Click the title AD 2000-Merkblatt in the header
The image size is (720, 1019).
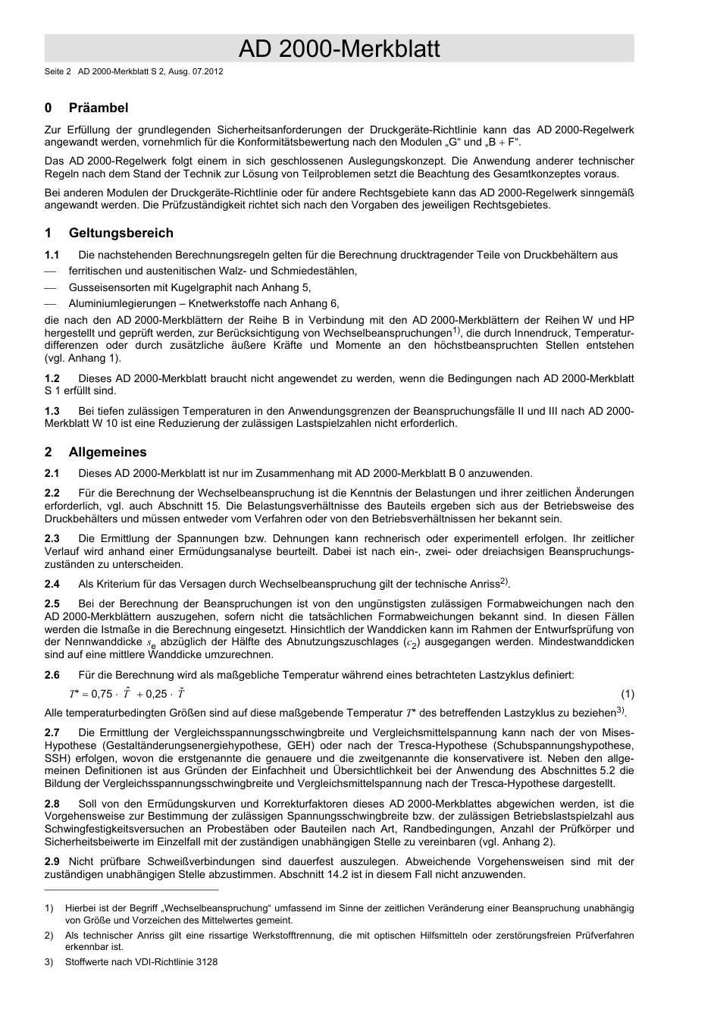(x=339, y=49)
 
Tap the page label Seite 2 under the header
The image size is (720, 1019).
(x=58, y=72)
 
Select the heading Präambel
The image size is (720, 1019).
(x=99, y=108)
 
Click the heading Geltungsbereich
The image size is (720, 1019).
(x=121, y=233)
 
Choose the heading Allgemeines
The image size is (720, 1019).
(x=108, y=452)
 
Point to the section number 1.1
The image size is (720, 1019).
(x=52, y=255)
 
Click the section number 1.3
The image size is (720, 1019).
(x=52, y=411)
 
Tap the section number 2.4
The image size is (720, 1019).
(x=52, y=584)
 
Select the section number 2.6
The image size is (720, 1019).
(x=52, y=675)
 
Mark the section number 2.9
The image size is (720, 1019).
(x=52, y=861)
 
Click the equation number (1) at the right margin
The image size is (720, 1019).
(x=628, y=694)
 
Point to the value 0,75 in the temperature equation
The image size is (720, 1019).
(x=102, y=694)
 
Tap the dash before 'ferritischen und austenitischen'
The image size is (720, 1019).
(x=51, y=271)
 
